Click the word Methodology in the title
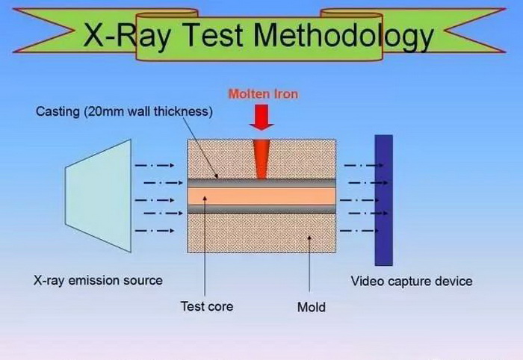click(344, 36)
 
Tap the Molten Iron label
click(263, 94)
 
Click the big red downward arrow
click(261, 117)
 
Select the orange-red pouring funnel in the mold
click(261, 159)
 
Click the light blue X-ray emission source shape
click(99, 196)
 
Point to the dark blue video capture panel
click(383, 200)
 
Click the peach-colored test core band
click(261, 196)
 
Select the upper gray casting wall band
click(261, 183)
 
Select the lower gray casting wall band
click(261, 209)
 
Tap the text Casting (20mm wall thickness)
click(124, 112)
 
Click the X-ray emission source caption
click(98, 280)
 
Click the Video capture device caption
click(412, 281)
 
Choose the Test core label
click(207, 306)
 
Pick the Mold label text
click(312, 307)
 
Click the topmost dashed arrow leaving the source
click(155, 165)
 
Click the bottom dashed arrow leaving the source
click(155, 231)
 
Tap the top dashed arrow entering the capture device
click(364, 165)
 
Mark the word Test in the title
click(213, 35)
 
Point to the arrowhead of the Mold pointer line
click(309, 238)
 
